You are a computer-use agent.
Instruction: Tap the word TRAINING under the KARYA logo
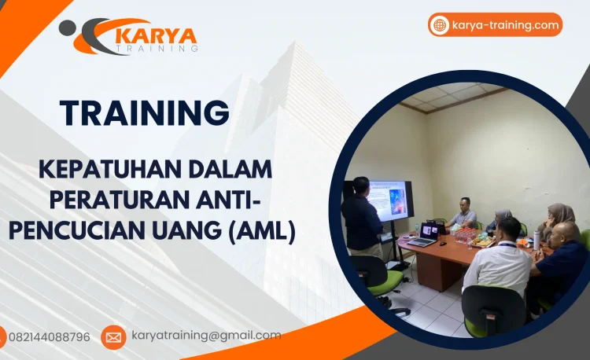pos(157,50)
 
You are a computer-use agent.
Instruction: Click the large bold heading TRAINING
pos(145,113)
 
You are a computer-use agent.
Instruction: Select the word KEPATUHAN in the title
pos(98,168)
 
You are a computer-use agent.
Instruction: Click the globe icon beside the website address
pos(440,25)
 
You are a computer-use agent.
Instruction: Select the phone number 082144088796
pos(49,336)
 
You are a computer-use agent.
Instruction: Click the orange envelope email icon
pos(113,337)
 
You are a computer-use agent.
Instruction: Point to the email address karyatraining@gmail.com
pos(206,336)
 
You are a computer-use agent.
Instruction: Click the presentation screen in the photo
pos(389,200)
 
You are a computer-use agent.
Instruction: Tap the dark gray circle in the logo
pos(68,28)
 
